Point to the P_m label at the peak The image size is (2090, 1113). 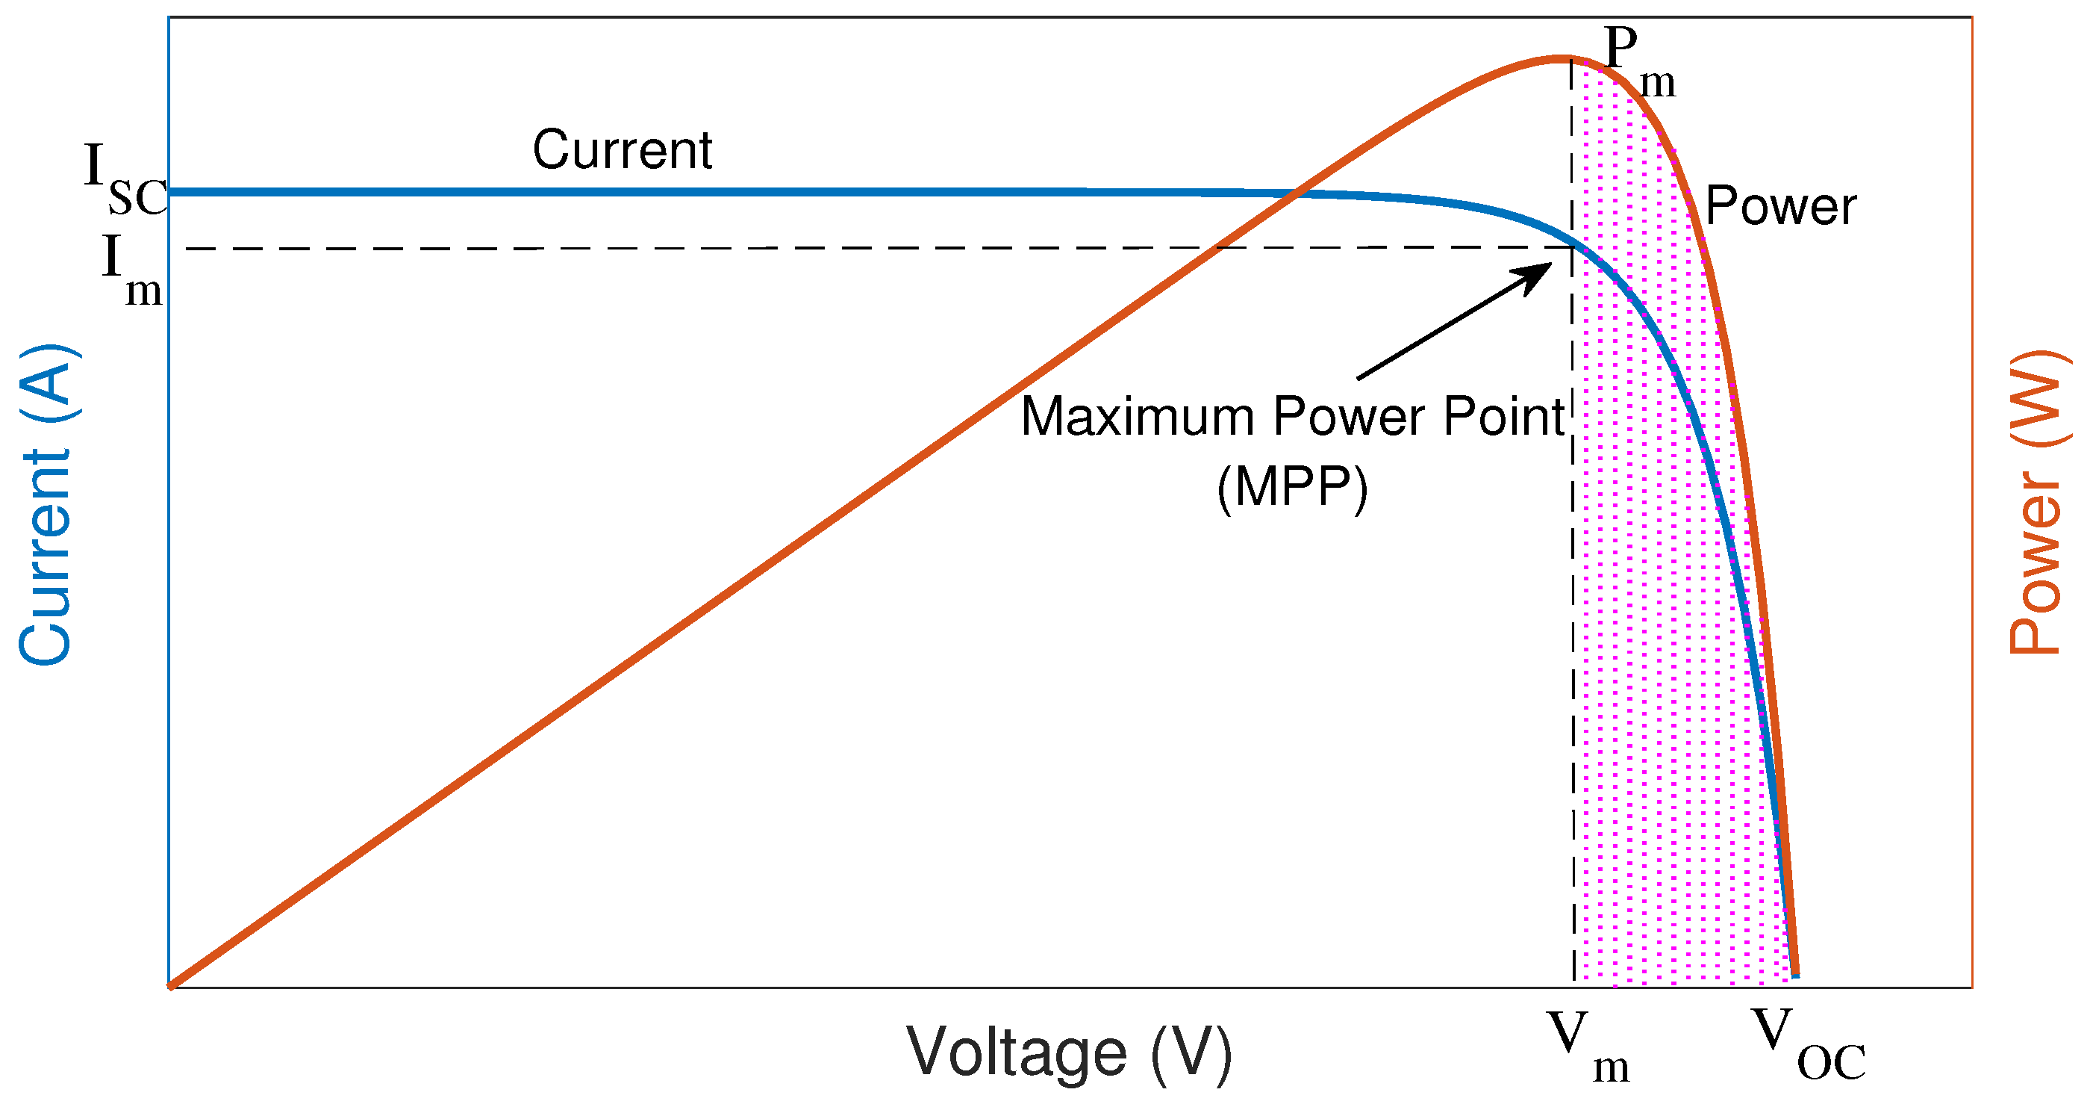click(x=1639, y=61)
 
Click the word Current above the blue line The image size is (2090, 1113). click(x=623, y=150)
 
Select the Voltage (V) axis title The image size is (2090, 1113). click(x=1069, y=1053)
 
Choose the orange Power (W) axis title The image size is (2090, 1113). click(x=2034, y=503)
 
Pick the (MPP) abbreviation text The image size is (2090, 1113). click(x=1291, y=487)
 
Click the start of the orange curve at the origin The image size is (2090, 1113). click(x=170, y=986)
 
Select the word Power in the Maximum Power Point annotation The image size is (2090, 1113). click(x=1347, y=417)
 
